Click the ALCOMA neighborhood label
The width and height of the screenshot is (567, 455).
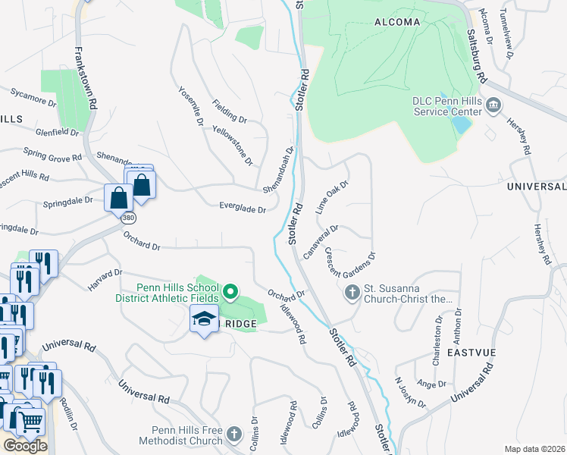pyautogui.click(x=397, y=22)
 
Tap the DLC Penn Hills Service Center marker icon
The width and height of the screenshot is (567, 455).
pyautogui.click(x=493, y=104)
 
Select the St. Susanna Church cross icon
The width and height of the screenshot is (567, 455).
pyautogui.click(x=352, y=292)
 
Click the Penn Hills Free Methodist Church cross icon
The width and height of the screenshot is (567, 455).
pyautogui.click(x=234, y=435)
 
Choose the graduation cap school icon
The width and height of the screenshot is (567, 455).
pyautogui.click(x=203, y=321)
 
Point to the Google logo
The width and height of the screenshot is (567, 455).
pyautogui.click(x=25, y=446)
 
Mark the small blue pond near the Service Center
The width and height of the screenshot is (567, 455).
pyautogui.click(x=460, y=125)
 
